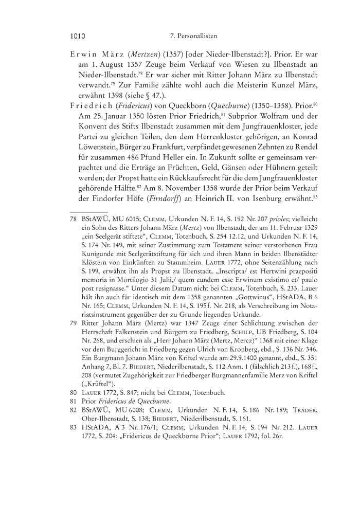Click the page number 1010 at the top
[x=77, y=37]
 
